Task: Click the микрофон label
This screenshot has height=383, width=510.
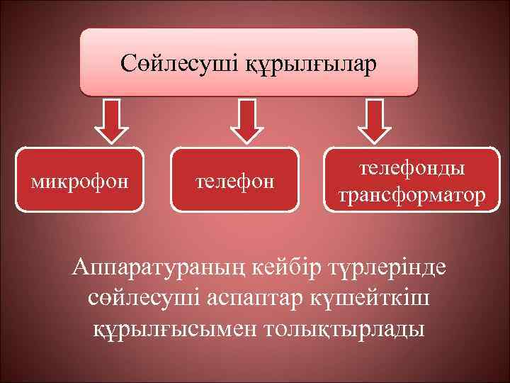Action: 80,182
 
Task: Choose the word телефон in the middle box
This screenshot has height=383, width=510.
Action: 234,182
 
